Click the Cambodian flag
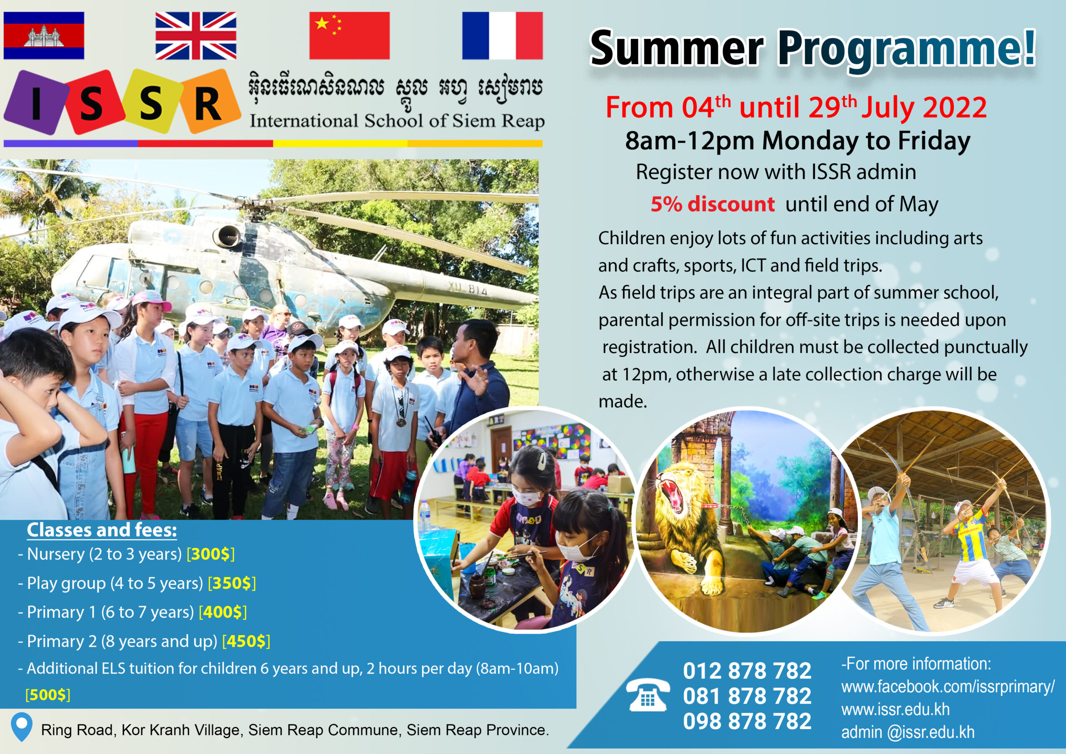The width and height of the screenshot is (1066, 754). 44,36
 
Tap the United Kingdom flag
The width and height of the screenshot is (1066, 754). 195,36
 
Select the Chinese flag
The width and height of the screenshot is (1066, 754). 349,36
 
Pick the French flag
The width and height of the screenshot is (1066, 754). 502,36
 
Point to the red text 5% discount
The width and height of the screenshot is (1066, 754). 712,204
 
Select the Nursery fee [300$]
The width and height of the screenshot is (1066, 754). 210,554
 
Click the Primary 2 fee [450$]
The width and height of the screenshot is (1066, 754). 246,641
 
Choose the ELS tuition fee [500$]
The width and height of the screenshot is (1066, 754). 48,694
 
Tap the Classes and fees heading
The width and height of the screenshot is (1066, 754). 102,530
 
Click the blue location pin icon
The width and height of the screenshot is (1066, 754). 21,727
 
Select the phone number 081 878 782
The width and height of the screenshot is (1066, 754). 747,696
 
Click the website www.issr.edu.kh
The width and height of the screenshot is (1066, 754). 895,709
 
